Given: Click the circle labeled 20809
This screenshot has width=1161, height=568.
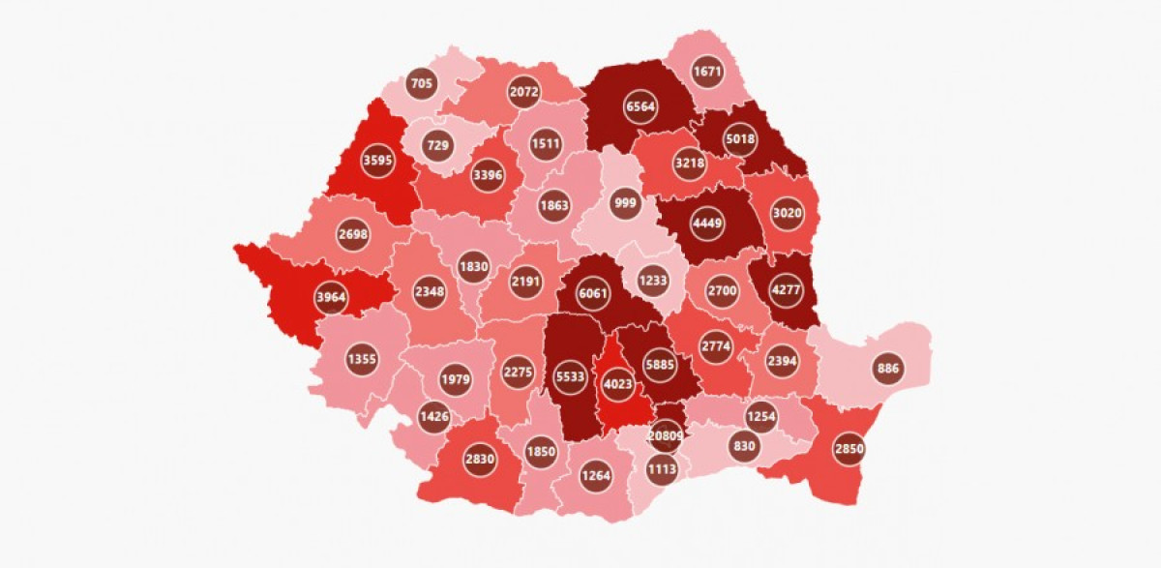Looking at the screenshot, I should point(666,436).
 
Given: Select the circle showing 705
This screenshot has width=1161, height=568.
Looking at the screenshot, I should point(422,84).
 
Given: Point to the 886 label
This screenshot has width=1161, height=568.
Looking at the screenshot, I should point(887,368).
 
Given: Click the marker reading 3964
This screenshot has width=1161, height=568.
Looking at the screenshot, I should point(331,297).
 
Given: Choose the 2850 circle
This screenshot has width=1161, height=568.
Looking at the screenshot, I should point(848,449).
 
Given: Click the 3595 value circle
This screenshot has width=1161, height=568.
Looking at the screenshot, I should point(376,161).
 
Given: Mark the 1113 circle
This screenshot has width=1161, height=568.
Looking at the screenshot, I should point(664,468).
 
